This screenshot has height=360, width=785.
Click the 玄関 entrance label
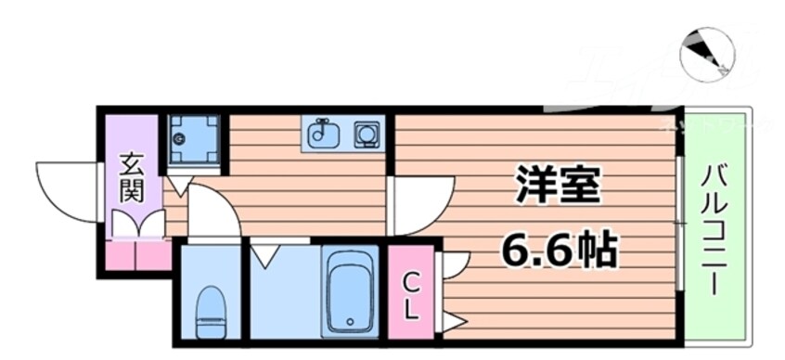pos(132,180)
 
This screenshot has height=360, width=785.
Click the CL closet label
pos(410,295)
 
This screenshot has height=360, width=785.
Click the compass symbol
pos(707,53)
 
